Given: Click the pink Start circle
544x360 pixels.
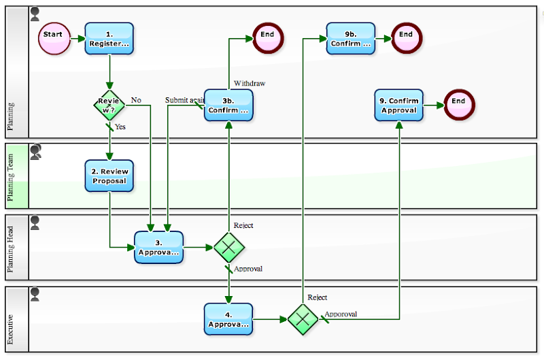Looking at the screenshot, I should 54,34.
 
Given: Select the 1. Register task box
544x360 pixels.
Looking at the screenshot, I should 109,39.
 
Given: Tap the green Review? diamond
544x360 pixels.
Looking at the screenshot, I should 109,105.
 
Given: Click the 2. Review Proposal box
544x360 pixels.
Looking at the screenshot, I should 109,176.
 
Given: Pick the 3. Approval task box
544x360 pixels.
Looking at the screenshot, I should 158,247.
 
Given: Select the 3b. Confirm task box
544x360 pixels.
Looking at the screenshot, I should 228,105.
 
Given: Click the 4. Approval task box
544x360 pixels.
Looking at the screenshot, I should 228,319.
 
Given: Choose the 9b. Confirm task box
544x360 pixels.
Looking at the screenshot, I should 351,39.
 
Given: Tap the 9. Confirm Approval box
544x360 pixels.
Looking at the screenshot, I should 398,105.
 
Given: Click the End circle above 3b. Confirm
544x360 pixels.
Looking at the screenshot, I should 267,34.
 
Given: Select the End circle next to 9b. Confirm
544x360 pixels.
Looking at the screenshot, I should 406,34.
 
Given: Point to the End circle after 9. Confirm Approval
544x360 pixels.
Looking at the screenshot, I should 458,101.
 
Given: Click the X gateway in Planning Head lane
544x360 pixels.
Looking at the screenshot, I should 228,247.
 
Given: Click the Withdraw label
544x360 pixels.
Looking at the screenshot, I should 250,83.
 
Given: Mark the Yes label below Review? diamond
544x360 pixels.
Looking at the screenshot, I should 120,127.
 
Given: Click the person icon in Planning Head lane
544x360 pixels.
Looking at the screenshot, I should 35,223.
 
